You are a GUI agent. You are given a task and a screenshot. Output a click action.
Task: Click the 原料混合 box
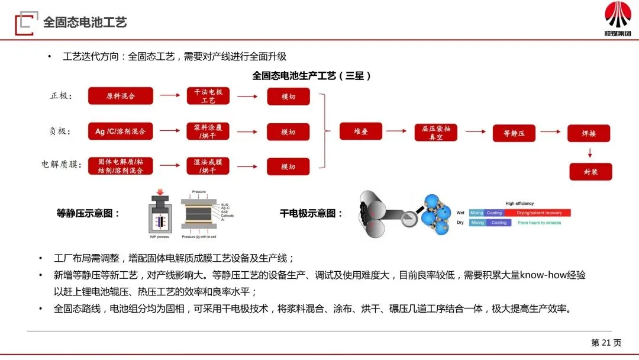121,96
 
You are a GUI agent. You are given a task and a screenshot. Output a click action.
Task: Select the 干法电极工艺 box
208,96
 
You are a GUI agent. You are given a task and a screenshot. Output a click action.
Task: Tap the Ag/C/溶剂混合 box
121,131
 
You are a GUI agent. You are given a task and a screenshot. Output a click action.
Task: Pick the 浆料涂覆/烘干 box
208,131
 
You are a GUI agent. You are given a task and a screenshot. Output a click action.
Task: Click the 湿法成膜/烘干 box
208,166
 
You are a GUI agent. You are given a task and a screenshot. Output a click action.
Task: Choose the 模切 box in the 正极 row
288,96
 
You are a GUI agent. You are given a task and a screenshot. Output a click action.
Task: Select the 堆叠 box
361,131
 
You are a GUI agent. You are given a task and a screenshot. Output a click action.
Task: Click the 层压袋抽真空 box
436,132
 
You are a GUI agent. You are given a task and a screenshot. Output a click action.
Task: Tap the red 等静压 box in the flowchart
514,133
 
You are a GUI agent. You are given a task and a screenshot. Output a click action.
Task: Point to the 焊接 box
589,133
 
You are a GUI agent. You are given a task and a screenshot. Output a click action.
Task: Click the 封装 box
590,171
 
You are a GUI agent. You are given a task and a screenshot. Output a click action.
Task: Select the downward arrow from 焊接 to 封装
589,152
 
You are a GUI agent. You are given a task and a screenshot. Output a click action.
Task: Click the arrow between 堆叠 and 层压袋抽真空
398,132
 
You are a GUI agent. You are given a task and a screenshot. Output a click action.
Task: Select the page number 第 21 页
606,342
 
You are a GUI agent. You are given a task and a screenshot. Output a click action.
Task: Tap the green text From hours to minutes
539,223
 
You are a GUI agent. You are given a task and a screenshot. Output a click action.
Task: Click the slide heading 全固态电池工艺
85,22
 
